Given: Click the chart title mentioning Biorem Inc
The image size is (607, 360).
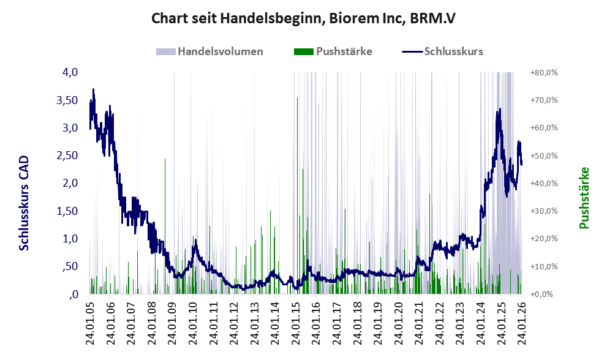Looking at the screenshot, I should click(303, 20).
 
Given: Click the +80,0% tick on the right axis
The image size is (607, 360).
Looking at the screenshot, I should click(544, 72).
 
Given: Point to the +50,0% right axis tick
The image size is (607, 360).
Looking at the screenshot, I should click(544, 156).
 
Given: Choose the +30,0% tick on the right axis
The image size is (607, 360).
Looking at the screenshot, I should click(544, 211).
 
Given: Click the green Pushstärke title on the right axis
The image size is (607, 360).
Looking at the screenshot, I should click(584, 198).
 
